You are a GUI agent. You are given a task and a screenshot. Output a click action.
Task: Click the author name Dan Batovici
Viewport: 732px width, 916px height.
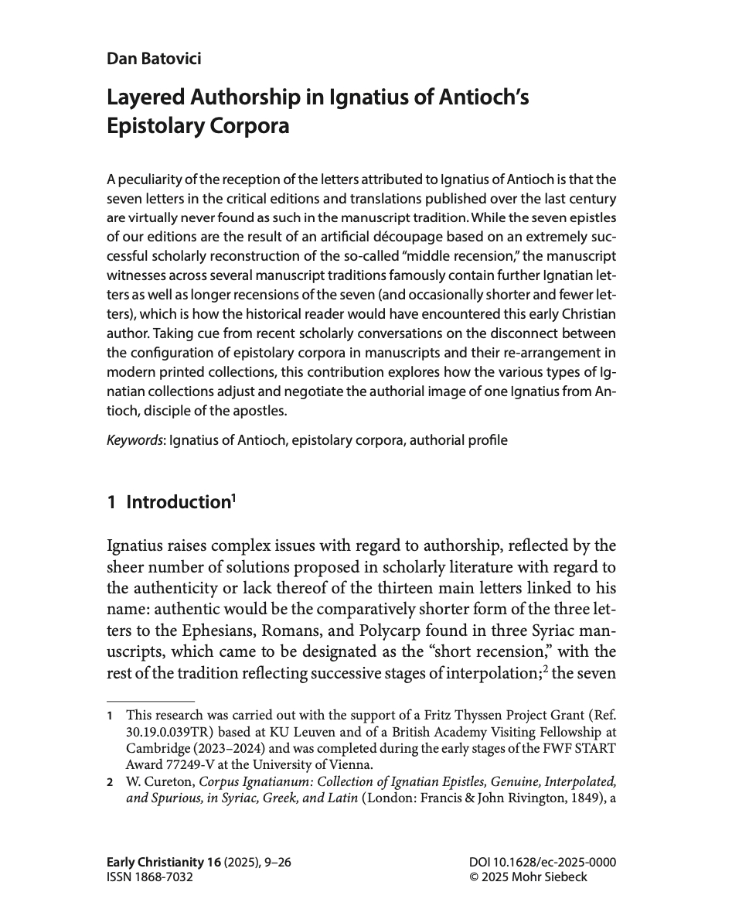point(154,58)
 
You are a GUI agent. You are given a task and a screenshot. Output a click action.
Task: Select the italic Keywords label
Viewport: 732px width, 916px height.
point(134,440)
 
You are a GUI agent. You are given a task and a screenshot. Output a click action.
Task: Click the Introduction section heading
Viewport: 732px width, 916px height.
point(178,502)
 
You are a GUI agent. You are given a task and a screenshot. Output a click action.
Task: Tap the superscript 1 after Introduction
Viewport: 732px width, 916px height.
point(233,497)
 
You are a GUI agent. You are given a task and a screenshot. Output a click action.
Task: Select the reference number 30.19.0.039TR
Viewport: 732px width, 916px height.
point(168,732)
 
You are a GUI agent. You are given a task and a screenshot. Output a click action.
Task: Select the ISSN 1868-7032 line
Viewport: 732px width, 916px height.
point(150,877)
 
